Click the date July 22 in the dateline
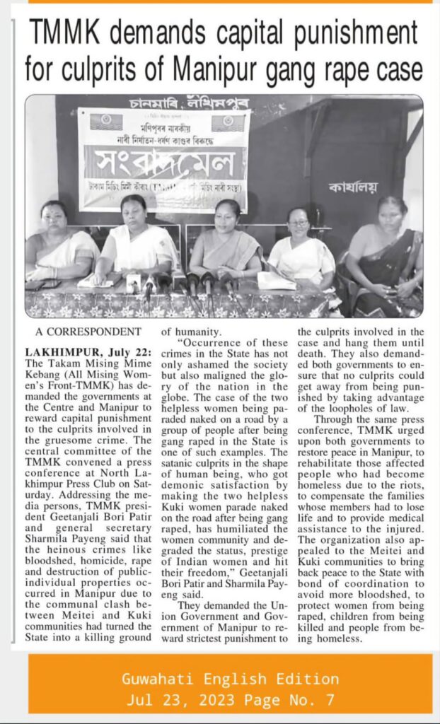click(120, 351)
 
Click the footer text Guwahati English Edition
click(230, 679)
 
